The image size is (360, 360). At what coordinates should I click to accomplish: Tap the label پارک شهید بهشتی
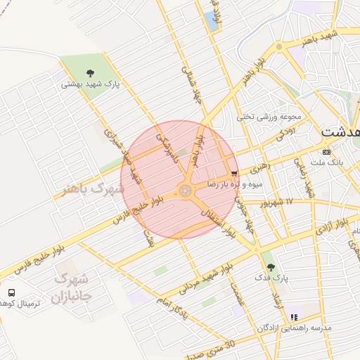click(91, 84)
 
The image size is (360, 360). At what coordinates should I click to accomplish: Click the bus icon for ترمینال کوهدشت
click(11, 292)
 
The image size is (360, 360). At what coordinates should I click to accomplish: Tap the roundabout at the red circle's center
click(185, 190)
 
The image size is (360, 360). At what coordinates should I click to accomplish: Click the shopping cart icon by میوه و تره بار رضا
click(234, 173)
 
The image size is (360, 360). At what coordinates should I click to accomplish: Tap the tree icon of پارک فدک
click(271, 267)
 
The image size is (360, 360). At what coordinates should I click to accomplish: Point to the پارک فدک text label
click(271, 278)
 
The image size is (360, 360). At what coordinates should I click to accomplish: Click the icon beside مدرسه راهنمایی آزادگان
click(294, 318)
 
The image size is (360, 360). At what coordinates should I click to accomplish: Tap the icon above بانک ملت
click(326, 151)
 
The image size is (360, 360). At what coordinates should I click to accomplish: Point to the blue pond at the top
click(212, 20)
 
